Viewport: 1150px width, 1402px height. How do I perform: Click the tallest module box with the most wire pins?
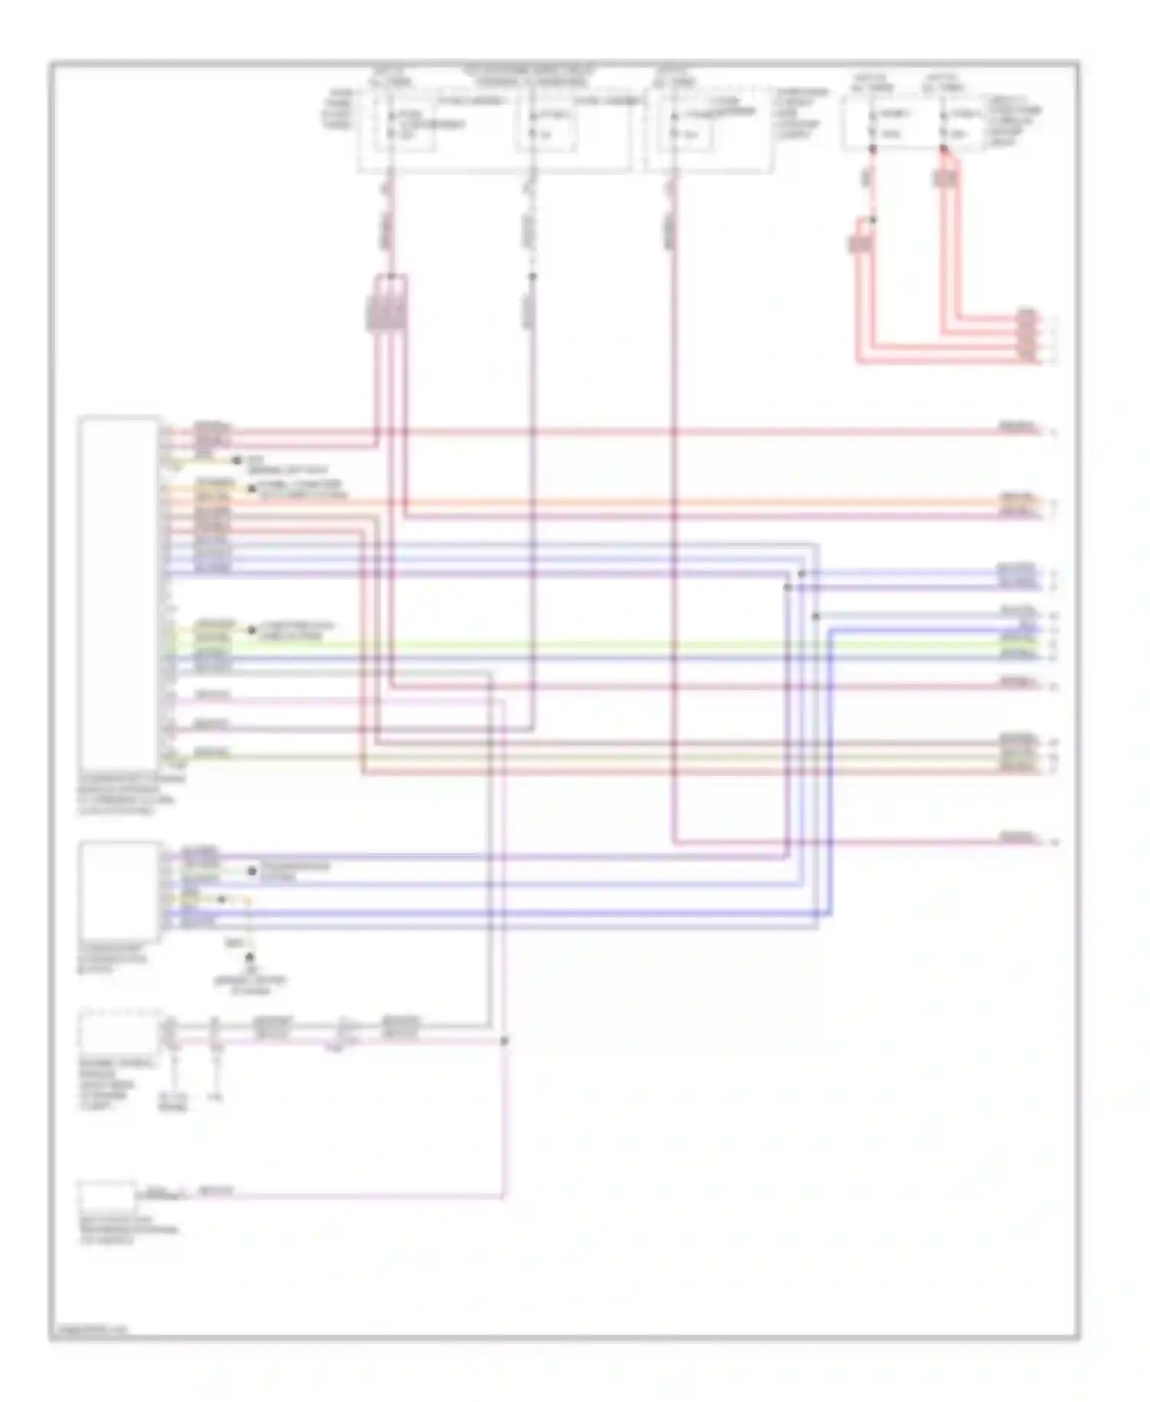(119, 591)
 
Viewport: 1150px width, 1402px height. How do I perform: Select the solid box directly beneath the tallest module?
(119, 890)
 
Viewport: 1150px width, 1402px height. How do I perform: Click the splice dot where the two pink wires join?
(504, 1041)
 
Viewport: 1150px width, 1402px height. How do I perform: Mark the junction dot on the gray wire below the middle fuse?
(533, 276)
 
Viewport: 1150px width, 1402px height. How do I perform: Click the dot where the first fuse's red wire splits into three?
(391, 275)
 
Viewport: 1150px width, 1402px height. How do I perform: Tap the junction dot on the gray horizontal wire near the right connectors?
(816, 616)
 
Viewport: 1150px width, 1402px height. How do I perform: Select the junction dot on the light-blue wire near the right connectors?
(801, 574)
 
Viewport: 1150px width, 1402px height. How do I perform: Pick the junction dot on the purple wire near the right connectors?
(787, 587)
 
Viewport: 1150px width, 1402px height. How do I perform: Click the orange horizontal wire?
(613, 502)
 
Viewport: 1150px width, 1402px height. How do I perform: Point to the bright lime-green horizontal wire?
(613, 644)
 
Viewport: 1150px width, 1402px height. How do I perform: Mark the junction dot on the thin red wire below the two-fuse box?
(872, 219)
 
